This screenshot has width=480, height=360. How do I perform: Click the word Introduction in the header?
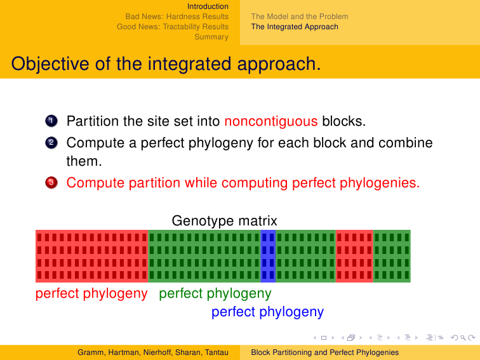pos(208,6)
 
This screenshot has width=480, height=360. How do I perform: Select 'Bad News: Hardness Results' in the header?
pos(177,17)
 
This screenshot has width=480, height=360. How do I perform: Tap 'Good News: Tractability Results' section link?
pos(173,27)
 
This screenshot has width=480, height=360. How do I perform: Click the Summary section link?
pos(211,37)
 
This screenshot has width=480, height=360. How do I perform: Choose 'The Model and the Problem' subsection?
pos(300,17)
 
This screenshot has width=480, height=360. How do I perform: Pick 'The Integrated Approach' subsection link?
pos(295,27)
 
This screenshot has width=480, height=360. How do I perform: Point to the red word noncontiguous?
pos(271,121)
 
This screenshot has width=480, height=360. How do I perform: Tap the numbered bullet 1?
pos(51,121)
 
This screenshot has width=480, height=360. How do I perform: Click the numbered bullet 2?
pos(51,143)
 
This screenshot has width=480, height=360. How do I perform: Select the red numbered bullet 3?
pos(51,183)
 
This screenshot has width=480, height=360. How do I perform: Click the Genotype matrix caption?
pos(224,221)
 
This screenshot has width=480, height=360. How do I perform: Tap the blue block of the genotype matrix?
pos(268,256)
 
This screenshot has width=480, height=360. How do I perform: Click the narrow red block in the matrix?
pos(354,256)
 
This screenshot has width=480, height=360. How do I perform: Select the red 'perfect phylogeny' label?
pos(91,293)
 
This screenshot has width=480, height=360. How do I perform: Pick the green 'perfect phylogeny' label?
pos(215,293)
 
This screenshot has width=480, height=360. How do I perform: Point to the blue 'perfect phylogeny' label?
pos(267,312)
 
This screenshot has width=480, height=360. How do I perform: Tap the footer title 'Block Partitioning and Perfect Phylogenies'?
pos(325,352)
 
